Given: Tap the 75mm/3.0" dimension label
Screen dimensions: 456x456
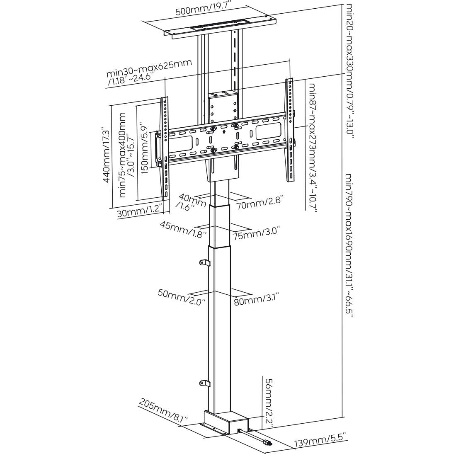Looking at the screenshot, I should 256,233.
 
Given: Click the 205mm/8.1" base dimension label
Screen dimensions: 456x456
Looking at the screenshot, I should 163,410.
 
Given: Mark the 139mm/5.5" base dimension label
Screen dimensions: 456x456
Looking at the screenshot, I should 320,441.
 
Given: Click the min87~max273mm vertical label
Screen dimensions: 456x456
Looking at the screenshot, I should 312,147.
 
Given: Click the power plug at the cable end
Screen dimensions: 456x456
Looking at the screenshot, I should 267,443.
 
